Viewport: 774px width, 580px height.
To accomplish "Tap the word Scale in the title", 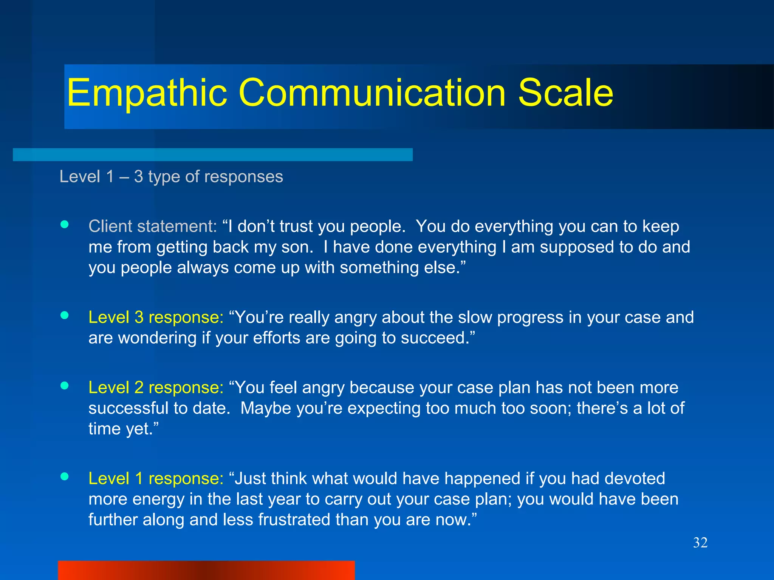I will pos(565,93).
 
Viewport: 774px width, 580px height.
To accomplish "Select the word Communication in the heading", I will pos(372,93).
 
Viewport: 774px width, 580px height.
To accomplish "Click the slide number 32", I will pos(700,543).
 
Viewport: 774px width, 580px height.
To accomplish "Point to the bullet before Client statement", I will pos(65,225).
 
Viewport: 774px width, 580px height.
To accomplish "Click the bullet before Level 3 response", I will pos(65,315).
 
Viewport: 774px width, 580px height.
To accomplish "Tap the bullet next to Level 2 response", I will pos(65,386).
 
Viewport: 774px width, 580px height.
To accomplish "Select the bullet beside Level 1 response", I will pos(65,477).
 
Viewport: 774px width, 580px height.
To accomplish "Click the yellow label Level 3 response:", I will pos(156,317).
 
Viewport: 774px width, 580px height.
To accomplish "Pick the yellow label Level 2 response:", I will pos(156,387).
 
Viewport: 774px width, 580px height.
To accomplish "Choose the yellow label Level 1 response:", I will pos(156,478).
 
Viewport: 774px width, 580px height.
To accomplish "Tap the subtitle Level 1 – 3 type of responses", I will pos(171,177).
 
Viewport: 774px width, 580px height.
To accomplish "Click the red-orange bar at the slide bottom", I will pos(206,570).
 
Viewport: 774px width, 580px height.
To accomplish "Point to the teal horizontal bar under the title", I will pos(212,154).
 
